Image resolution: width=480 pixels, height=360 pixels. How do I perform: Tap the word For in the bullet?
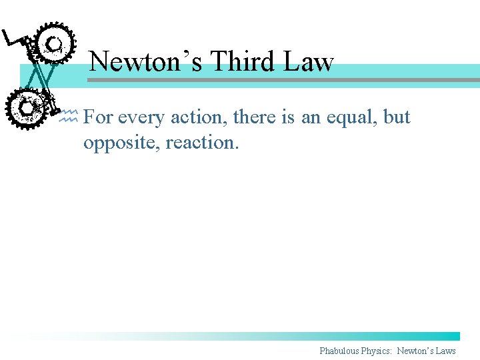coord(98,117)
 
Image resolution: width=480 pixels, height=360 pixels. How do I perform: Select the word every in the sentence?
coord(141,117)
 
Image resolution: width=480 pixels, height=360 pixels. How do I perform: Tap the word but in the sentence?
coord(397,117)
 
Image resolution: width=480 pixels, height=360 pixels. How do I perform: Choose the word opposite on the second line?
coord(124,142)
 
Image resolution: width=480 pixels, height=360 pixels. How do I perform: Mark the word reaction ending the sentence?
coord(206,142)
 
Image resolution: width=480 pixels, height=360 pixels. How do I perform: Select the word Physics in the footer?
coord(377,351)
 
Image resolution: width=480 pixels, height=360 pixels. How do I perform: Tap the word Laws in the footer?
coord(445,351)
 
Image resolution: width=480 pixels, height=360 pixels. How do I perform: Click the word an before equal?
coord(310,117)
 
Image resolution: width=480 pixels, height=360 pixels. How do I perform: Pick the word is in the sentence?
coord(287,117)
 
